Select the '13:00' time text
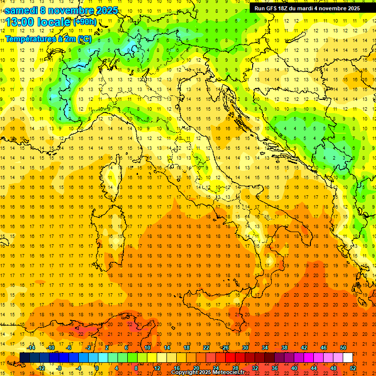(20, 22)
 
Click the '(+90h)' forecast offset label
(84, 22)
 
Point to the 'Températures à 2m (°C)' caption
(48, 39)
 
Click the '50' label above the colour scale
(343, 348)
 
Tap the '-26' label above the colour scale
(225, 348)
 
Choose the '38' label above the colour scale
(284, 348)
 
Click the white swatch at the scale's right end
(348, 357)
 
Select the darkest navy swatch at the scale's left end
(24, 357)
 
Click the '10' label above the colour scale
(147, 348)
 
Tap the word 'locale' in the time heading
(55, 22)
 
